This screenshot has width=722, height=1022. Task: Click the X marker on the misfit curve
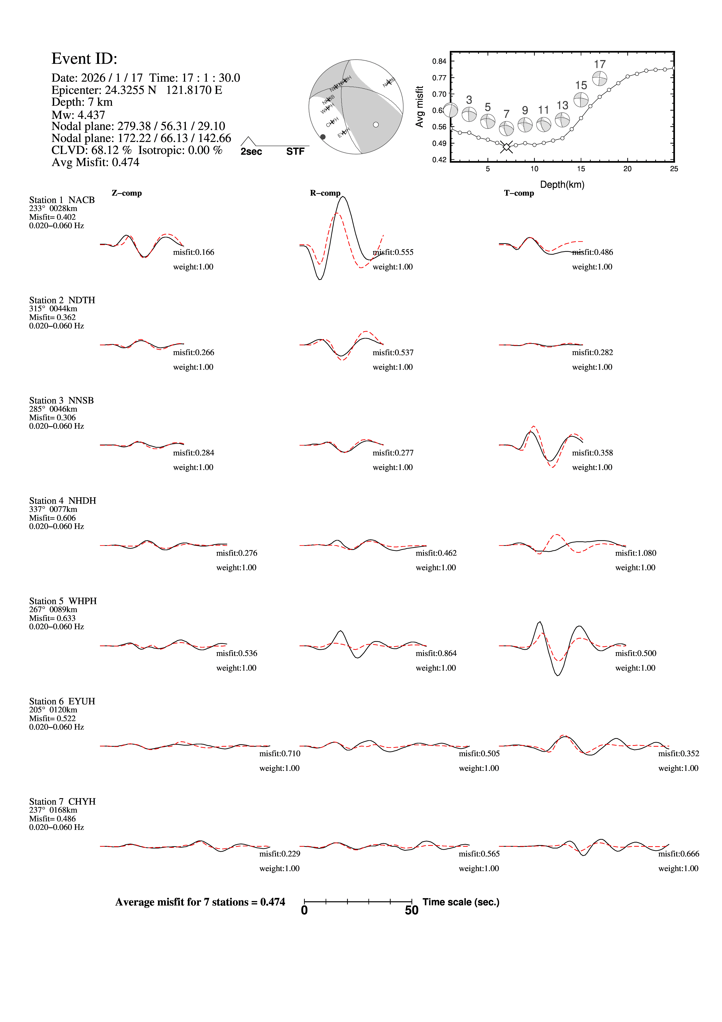[506, 146]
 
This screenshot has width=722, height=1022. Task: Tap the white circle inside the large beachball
[376, 125]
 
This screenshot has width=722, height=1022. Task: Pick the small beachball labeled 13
[562, 120]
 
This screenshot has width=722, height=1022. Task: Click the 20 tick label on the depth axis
[627, 169]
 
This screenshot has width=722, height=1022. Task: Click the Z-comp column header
[127, 193]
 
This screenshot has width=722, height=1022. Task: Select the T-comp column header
[519, 193]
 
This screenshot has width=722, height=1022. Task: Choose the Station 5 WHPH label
[63, 601]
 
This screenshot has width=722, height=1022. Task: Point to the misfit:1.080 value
[636, 553]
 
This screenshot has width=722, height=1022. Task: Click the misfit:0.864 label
[436, 653]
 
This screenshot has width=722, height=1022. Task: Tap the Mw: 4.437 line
[78, 115]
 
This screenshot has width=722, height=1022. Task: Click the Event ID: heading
[84, 59]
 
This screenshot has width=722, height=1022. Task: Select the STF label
[295, 152]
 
